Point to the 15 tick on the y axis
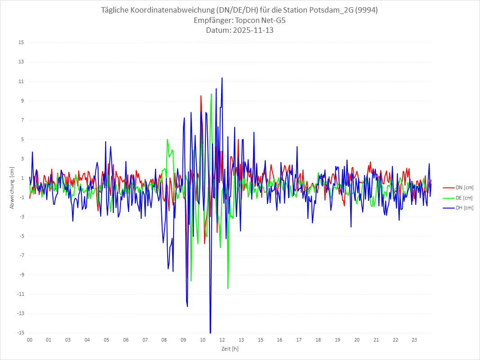click(21, 43)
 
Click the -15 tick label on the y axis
click(20, 333)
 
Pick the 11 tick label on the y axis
click(21, 81)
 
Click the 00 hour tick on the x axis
click(29, 340)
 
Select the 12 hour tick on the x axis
click(222, 340)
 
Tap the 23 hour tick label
click(414, 340)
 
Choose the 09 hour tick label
click(183, 340)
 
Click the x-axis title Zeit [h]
click(230, 348)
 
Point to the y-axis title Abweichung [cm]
click(12, 188)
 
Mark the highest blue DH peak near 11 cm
click(222, 78)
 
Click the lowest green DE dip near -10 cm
click(228, 288)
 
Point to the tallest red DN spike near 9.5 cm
click(201, 96)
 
